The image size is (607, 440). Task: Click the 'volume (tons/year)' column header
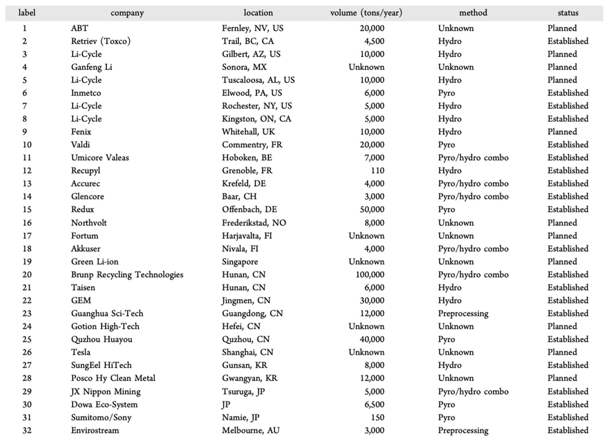click(366, 13)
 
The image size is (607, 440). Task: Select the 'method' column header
click(473, 13)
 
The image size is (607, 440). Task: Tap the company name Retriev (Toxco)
click(101, 41)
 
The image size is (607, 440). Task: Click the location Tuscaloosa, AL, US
click(258, 80)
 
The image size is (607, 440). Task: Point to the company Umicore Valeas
click(100, 158)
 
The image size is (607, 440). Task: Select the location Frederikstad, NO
click(254, 223)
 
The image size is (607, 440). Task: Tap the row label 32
click(27, 430)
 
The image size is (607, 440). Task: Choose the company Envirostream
click(95, 430)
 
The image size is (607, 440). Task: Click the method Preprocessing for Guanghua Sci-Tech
click(463, 313)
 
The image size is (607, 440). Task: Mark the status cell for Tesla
click(562, 352)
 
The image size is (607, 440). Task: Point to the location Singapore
click(240, 262)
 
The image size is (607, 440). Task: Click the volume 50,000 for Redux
click(372, 209)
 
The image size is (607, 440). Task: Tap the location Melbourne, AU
click(251, 430)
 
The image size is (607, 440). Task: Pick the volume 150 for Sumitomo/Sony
click(377, 418)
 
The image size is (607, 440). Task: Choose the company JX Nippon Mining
click(105, 392)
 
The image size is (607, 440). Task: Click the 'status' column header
click(568, 13)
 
